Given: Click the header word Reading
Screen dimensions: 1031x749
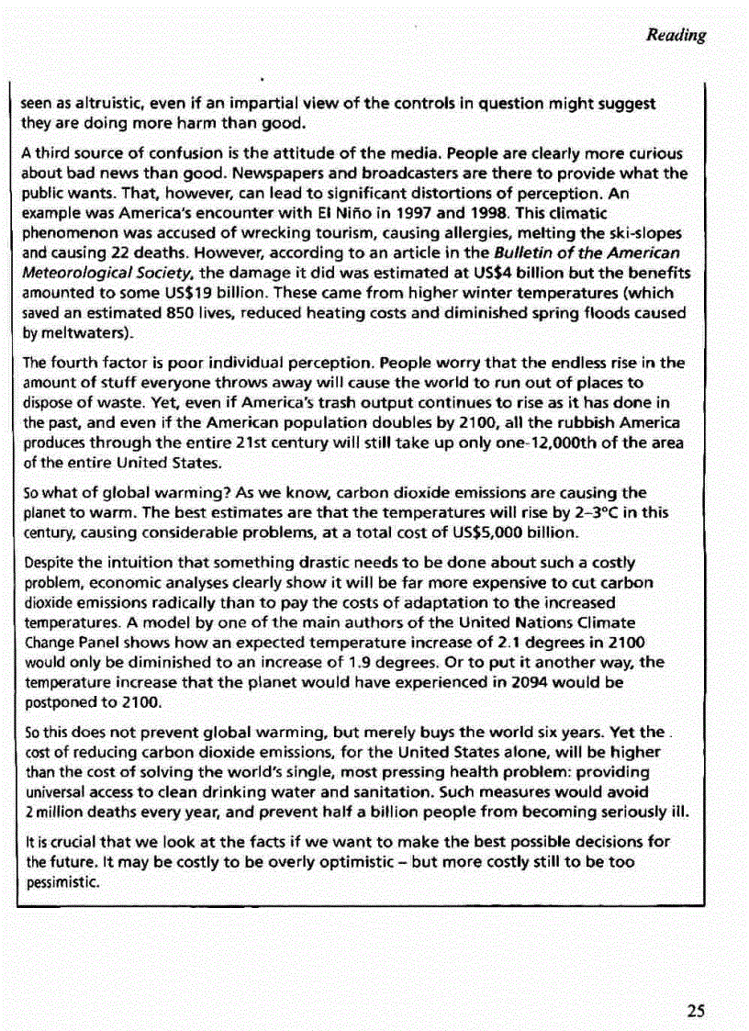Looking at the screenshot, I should (676, 36).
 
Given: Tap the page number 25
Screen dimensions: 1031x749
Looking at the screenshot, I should (696, 1011).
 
